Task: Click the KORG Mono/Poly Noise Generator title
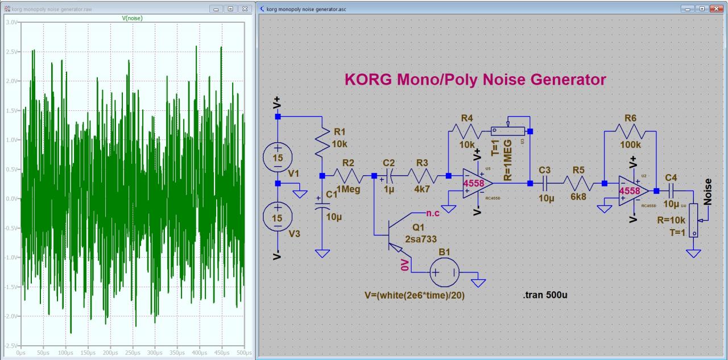point(475,80)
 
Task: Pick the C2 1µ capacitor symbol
point(390,176)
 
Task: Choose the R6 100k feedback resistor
point(630,132)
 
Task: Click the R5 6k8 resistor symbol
point(578,184)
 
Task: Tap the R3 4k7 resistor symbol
point(421,176)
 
